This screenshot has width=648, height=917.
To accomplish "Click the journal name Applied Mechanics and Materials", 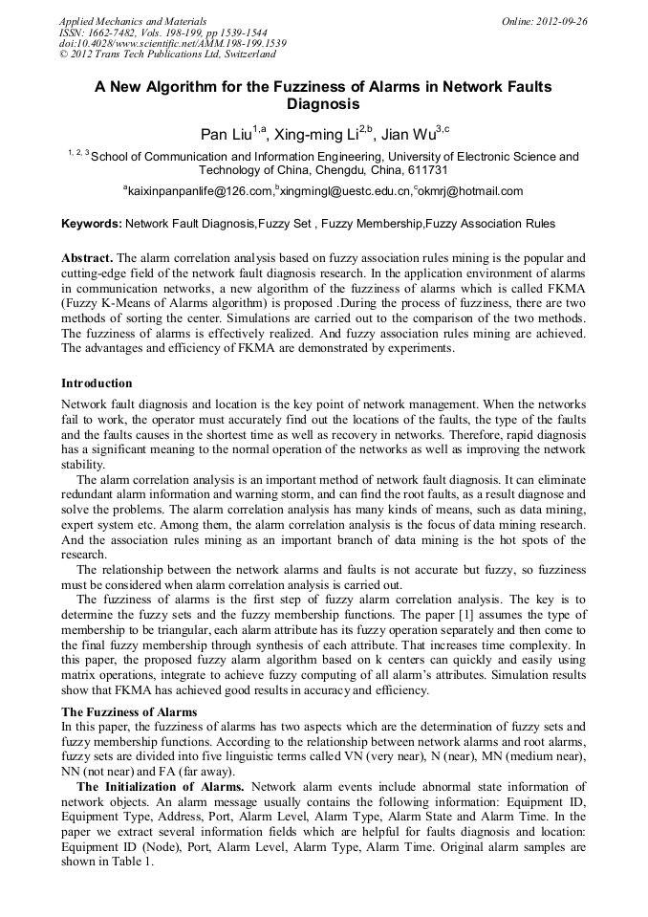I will tap(133, 20).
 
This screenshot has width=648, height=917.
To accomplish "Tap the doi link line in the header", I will tap(172, 44).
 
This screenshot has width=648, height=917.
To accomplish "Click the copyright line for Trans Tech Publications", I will tap(166, 55).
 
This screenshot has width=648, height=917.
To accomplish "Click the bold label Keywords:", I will tap(91, 224).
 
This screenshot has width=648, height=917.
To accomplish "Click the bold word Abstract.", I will tap(87, 258).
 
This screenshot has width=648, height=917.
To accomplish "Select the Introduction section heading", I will tap(97, 383).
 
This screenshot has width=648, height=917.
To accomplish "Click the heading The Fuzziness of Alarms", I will tap(129, 711).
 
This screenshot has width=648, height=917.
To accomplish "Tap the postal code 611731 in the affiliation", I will tap(428, 170).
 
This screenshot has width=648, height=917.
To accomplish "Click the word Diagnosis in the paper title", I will tap(323, 104).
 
